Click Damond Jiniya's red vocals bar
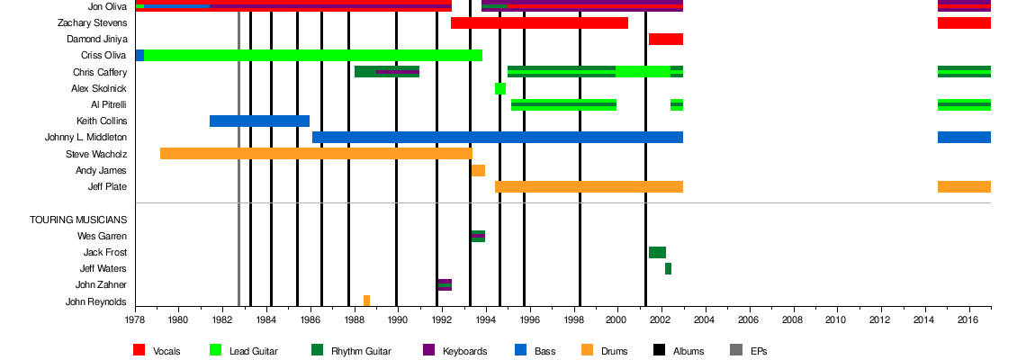tap(665, 39)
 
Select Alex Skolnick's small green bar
tap(499, 88)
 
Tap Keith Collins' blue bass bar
tap(259, 121)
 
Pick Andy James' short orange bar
tap(478, 170)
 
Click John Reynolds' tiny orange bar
tap(366, 301)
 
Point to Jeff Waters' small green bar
tap(668, 268)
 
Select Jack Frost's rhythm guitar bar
tap(657, 252)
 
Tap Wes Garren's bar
tap(477, 236)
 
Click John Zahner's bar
tap(445, 284)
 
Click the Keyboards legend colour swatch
tap(428, 350)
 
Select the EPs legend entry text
tap(760, 351)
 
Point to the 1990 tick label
tap(397, 319)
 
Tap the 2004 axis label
tap(705, 319)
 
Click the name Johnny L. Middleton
tap(85, 138)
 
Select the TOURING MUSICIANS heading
tap(78, 220)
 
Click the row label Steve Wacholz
tap(96, 154)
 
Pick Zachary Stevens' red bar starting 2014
tap(963, 22)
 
